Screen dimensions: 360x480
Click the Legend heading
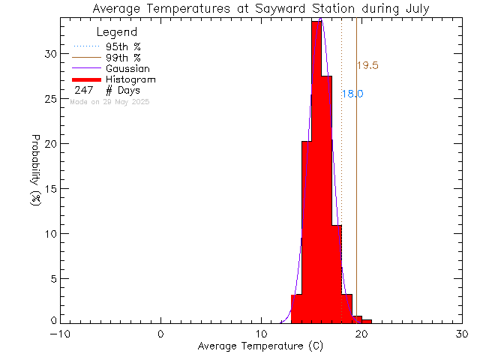pyautogui.click(x=118, y=32)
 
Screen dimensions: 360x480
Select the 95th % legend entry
pyautogui.click(x=123, y=46)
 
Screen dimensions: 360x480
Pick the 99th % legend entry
pyautogui.click(x=123, y=58)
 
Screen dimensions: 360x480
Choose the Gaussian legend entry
pyautogui.click(x=130, y=68)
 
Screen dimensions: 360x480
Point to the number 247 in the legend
pyautogui.click(x=83, y=91)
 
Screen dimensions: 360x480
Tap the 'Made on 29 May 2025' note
pyautogui.click(x=109, y=101)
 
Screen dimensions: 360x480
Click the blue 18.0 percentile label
pyautogui.click(x=352, y=94)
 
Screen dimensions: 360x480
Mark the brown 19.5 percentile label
pyautogui.click(x=368, y=65)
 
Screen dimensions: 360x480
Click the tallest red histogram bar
pyautogui.click(x=316, y=172)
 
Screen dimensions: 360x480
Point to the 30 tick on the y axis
pyautogui.click(x=49, y=54)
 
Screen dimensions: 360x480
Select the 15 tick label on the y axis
pyautogui.click(x=49, y=188)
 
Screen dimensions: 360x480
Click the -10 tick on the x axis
pyautogui.click(x=60, y=334)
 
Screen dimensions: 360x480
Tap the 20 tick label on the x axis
pyautogui.click(x=361, y=334)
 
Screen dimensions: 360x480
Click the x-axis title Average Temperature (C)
pyautogui.click(x=260, y=346)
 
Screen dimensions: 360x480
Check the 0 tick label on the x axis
pyautogui.click(x=161, y=334)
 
